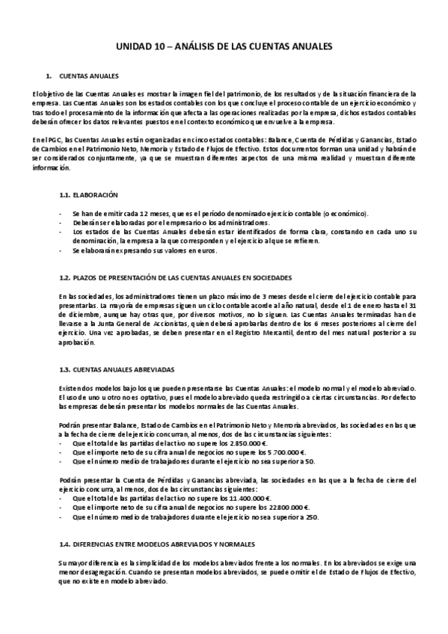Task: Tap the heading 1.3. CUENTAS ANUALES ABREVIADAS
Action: pos(117,369)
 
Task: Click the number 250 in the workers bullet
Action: pos(292,517)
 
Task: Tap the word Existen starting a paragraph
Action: pos(69,387)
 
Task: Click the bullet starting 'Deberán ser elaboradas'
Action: pos(172,223)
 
